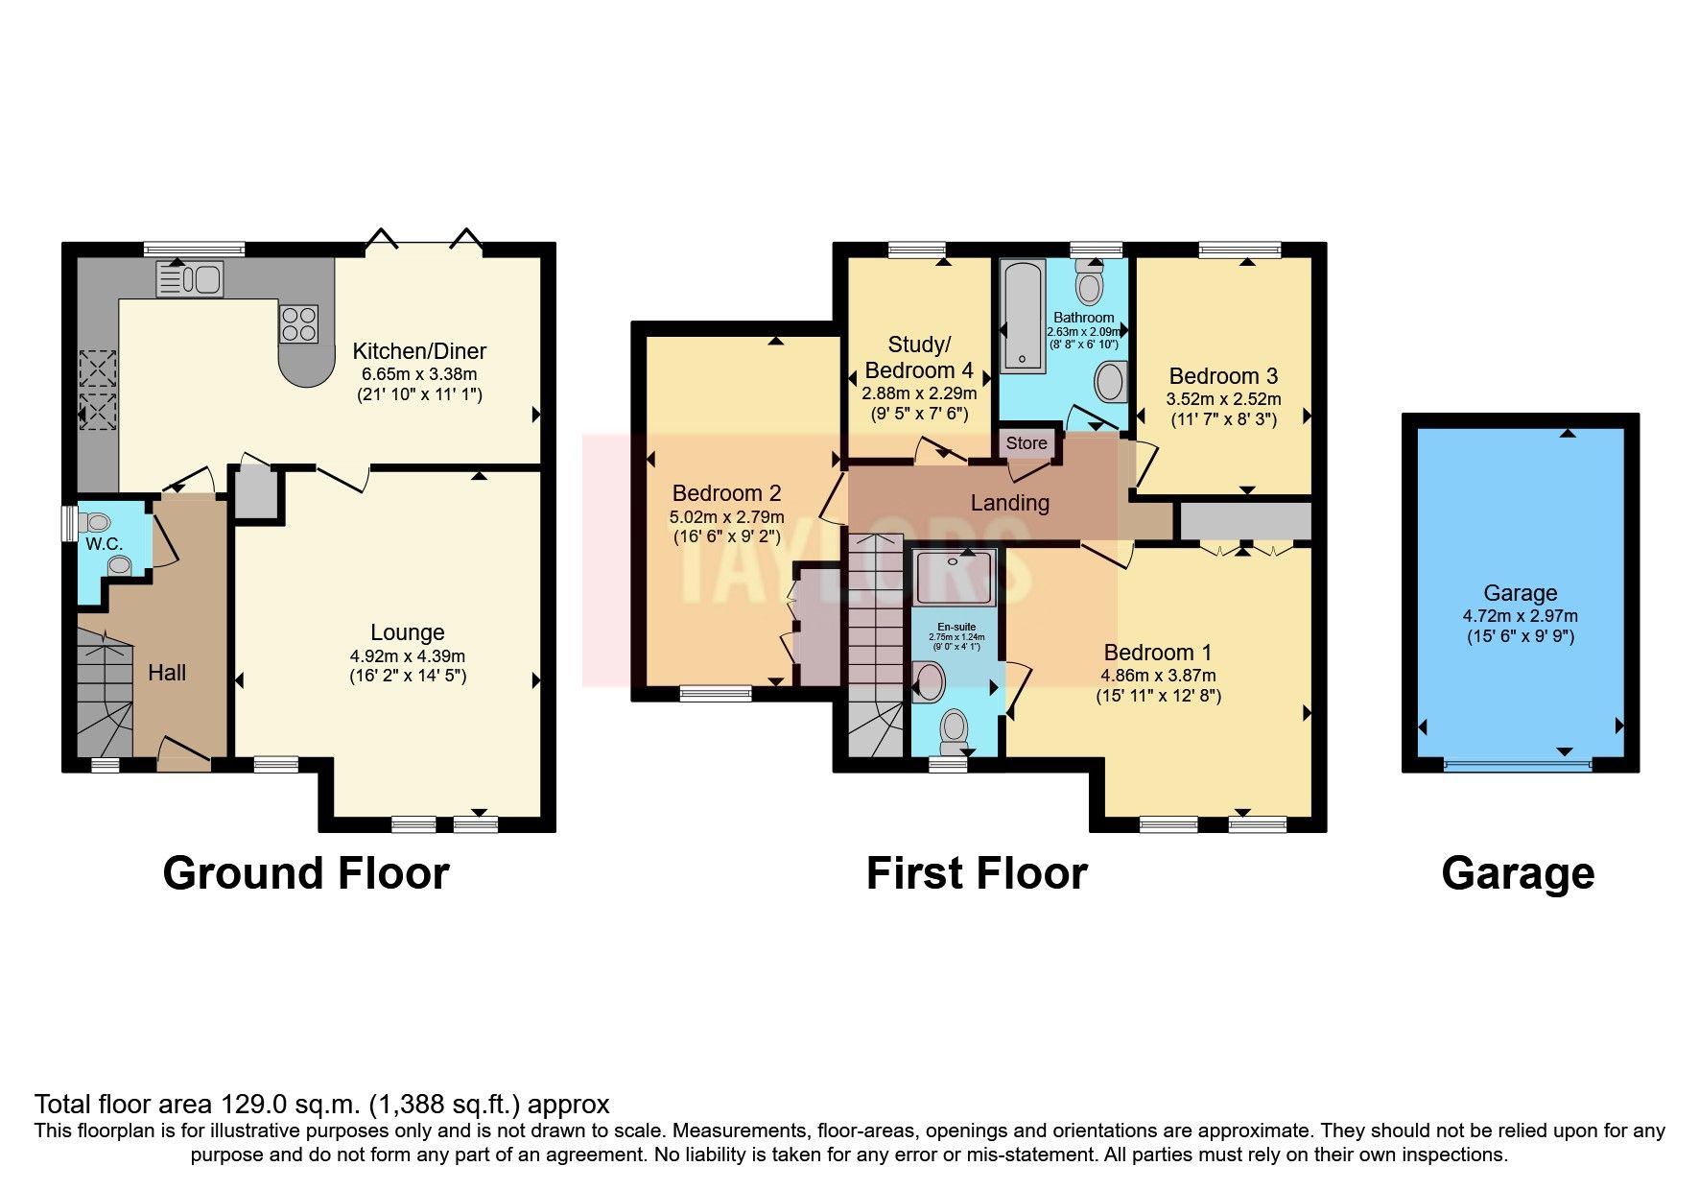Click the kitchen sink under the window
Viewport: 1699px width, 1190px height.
(x=189, y=279)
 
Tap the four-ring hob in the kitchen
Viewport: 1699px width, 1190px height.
(x=298, y=323)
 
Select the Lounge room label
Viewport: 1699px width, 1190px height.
(x=408, y=632)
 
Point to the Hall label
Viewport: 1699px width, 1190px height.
(x=167, y=673)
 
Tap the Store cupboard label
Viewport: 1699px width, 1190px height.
(x=1026, y=443)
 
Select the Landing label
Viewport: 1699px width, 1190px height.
(x=1009, y=503)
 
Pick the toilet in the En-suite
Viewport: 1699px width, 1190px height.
(x=955, y=732)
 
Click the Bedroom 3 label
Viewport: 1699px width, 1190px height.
(x=1223, y=376)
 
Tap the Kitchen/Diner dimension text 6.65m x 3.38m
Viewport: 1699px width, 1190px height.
(x=419, y=374)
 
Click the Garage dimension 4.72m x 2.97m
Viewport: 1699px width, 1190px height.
(x=1521, y=616)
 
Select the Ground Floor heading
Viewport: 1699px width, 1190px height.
(x=306, y=873)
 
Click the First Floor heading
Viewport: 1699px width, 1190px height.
(x=977, y=873)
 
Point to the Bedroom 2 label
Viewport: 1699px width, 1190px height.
(x=726, y=493)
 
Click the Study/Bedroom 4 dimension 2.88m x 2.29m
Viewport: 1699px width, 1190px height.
(x=919, y=393)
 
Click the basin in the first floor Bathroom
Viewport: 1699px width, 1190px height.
(x=1110, y=381)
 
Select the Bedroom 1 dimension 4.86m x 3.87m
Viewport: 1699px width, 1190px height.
(x=1158, y=676)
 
